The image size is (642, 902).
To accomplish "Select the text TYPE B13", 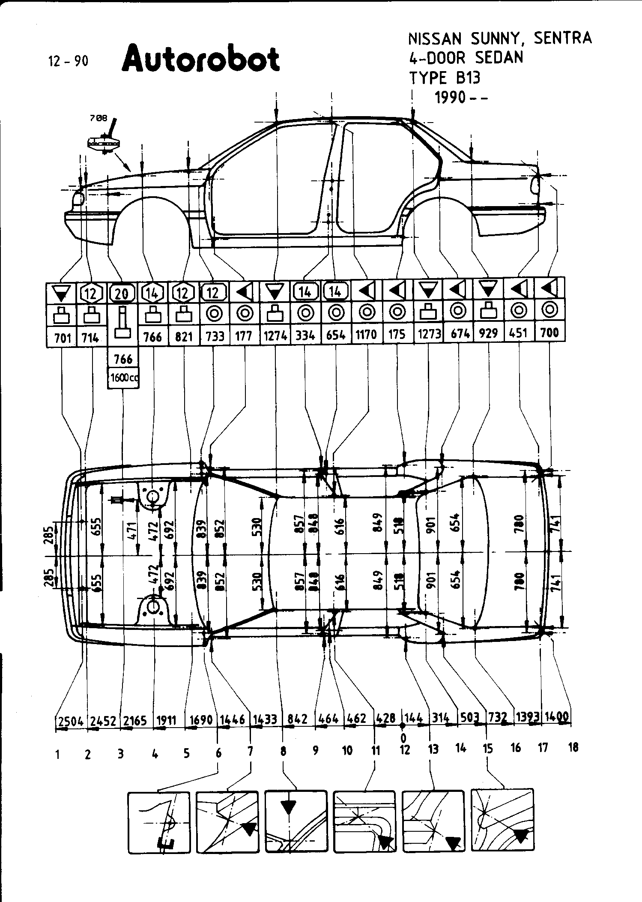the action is point(445,78).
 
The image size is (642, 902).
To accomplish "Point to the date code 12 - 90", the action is point(69,62).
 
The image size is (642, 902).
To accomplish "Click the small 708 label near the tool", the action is point(99,119).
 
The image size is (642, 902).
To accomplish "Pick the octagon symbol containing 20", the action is point(122,294).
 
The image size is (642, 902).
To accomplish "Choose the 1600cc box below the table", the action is point(123,378).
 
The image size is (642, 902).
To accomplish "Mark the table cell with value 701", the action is point(62,338).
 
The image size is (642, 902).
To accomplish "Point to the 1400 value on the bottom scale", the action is point(557,716).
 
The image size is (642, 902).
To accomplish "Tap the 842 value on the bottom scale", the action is point(297,719).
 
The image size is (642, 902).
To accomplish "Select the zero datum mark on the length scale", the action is point(403,725).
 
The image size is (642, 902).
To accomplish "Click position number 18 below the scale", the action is point(573,748).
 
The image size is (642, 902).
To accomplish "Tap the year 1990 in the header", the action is point(450,98).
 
